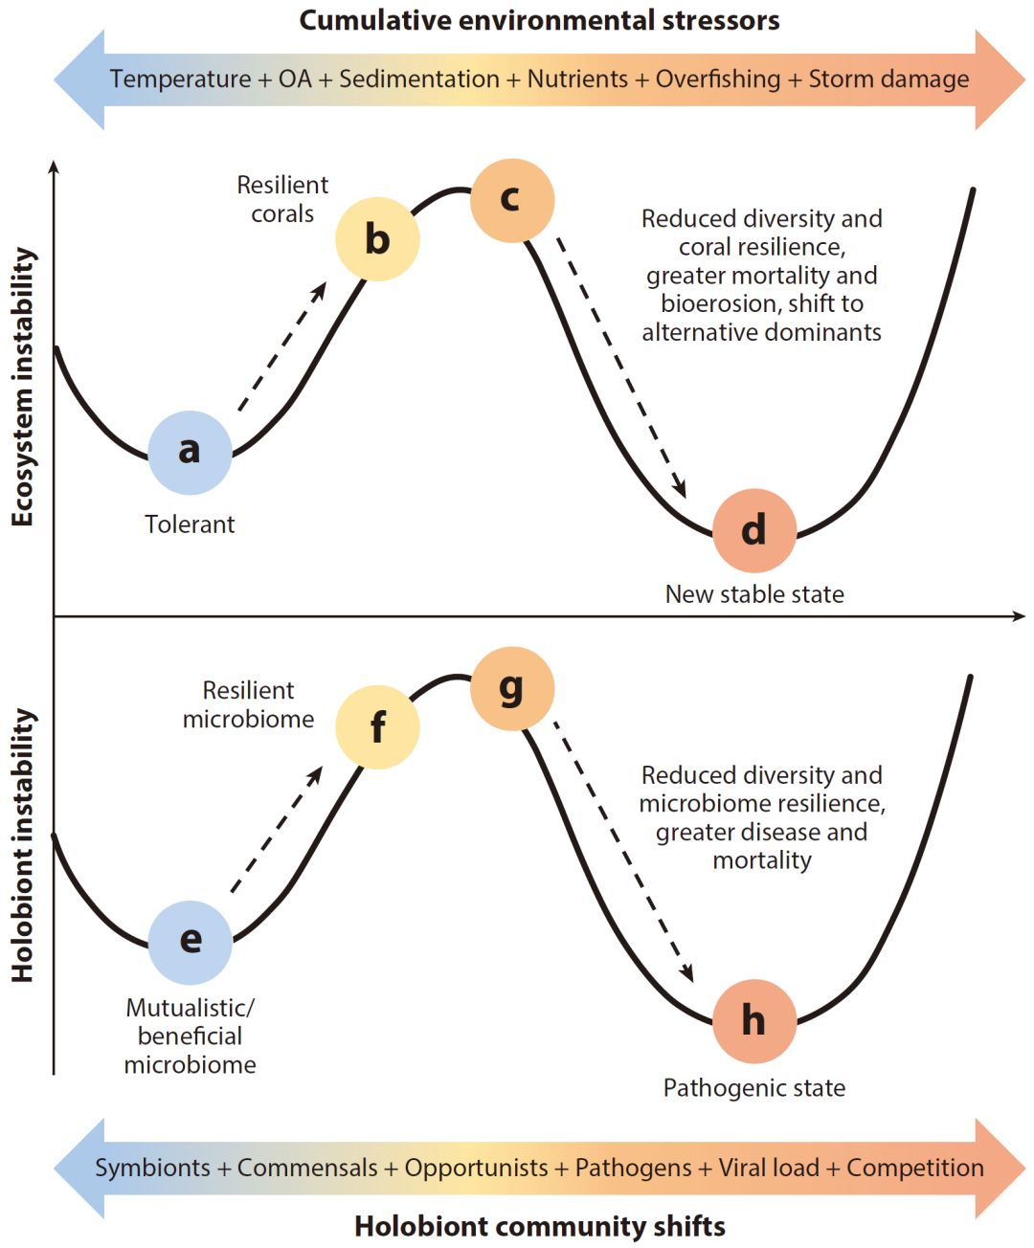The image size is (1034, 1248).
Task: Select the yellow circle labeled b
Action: [377, 239]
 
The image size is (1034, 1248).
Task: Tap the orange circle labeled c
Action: [512, 200]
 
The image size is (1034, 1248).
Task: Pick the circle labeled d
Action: [754, 530]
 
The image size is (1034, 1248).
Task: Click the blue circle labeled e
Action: [190, 942]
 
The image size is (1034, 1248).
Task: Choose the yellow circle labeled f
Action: [377, 727]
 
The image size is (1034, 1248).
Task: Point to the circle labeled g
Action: [512, 688]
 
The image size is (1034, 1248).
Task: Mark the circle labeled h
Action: [754, 1021]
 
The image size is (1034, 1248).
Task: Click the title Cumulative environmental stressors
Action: [539, 20]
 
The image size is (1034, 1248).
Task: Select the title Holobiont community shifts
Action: [539, 1226]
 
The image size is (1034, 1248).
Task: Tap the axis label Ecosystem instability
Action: [22, 388]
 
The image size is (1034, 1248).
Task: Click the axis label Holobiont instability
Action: [22, 846]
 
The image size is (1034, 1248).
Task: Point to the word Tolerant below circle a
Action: [190, 524]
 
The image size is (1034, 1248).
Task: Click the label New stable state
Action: [754, 594]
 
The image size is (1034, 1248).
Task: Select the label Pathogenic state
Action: [754, 1088]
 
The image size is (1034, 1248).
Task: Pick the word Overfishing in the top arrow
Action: [718, 79]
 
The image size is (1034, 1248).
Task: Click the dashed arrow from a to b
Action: [281, 346]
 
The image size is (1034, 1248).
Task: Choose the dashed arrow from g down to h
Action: [622, 852]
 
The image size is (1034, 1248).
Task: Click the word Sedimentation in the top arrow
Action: [419, 79]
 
